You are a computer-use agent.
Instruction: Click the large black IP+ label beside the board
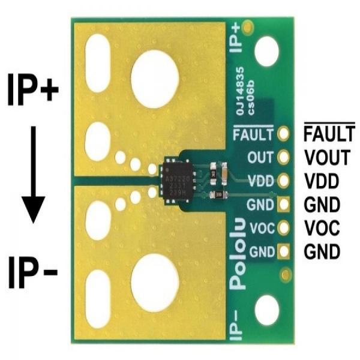pyautogui.click(x=33, y=90)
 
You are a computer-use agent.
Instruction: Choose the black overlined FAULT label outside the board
pyautogui.click(x=329, y=135)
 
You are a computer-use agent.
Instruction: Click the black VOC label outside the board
pyautogui.click(x=322, y=228)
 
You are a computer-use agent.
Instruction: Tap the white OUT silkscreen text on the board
pyautogui.click(x=260, y=158)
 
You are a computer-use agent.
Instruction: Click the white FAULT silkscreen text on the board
pyautogui.click(x=253, y=134)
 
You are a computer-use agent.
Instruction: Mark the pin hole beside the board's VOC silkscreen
pyautogui.click(x=284, y=228)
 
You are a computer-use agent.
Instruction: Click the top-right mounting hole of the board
pyautogui.click(x=266, y=52)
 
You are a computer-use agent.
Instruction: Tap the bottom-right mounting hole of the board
pyautogui.click(x=266, y=312)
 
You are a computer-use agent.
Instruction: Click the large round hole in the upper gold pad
pyautogui.click(x=155, y=79)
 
